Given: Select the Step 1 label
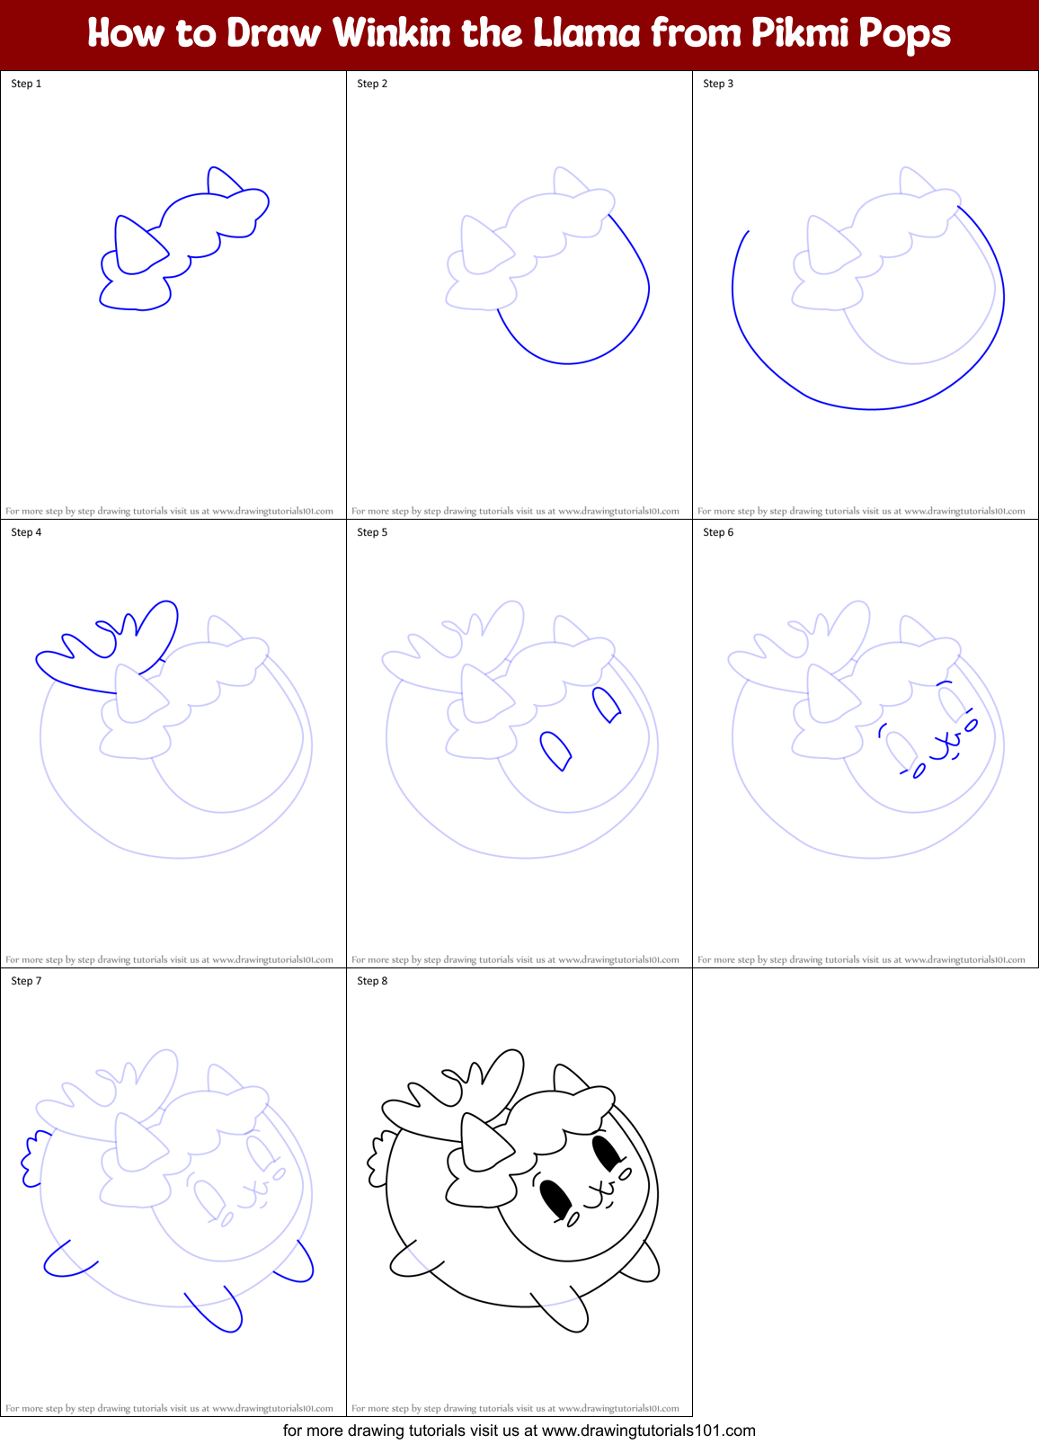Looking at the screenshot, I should [x=26, y=84].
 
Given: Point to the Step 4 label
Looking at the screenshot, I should [x=26, y=532].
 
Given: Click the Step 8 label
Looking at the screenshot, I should [x=372, y=981].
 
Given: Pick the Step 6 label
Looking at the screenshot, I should [x=718, y=532].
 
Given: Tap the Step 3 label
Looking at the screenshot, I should [x=718, y=84].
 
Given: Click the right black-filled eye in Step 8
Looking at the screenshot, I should [x=607, y=1153].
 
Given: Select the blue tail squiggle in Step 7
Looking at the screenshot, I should [x=31, y=1157].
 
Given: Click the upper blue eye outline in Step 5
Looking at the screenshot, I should [x=607, y=704].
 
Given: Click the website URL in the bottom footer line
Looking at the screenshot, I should [x=649, y=1431].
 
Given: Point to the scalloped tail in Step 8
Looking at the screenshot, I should [x=377, y=1158].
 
